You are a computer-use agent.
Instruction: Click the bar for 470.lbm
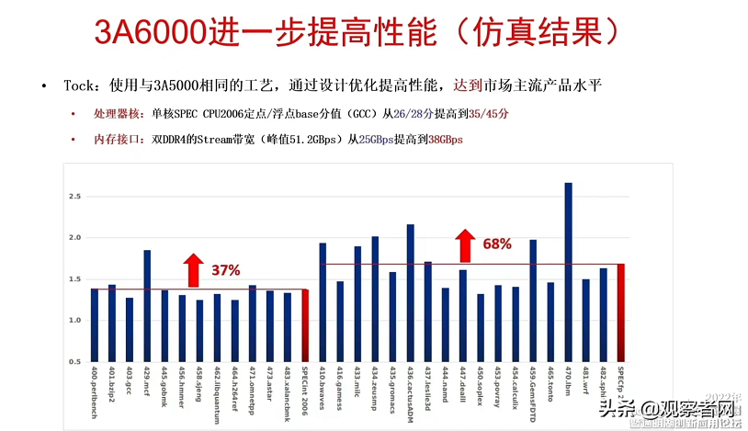[568, 272]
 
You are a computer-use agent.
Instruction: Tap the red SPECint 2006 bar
[305, 325]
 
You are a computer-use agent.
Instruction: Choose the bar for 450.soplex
[481, 327]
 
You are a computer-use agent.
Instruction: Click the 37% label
[226, 270]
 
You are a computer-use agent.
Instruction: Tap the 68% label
[496, 244]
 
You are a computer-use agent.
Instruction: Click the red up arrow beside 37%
[192, 269]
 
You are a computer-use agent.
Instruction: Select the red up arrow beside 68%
[463, 244]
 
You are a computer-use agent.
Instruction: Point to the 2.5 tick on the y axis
[74, 197]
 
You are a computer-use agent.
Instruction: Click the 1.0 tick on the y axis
[74, 321]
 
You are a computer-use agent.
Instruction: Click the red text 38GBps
[446, 139]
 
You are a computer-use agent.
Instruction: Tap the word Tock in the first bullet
[79, 86]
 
